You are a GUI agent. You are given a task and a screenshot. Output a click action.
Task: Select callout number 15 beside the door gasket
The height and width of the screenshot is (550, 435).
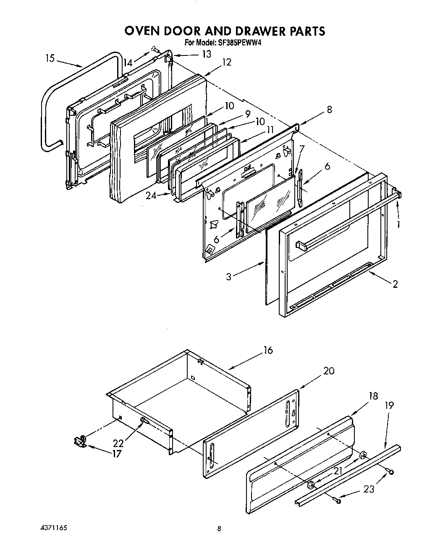pyautogui.click(x=50, y=58)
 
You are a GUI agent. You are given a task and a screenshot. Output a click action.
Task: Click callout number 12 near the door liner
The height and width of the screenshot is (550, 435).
pyautogui.click(x=227, y=62)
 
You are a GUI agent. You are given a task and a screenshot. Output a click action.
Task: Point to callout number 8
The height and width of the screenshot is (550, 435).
pyautogui.click(x=329, y=110)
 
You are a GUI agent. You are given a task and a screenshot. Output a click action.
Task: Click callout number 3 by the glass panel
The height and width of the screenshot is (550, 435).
pyautogui.click(x=228, y=277)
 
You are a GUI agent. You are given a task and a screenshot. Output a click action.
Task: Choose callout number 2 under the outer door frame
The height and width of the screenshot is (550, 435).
pyautogui.click(x=395, y=284)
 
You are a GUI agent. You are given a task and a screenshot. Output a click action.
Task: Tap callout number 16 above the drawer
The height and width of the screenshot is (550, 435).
pyautogui.click(x=268, y=350)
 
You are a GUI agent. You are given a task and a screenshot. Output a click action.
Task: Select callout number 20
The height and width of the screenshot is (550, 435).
pyautogui.click(x=329, y=371)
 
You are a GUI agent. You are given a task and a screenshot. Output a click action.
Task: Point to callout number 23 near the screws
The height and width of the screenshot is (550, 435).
pyautogui.click(x=369, y=489)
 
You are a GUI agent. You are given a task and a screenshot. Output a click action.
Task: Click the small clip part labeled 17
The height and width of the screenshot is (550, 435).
pyautogui.click(x=80, y=442)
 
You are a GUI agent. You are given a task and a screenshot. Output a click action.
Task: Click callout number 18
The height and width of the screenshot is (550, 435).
pyautogui.click(x=373, y=396)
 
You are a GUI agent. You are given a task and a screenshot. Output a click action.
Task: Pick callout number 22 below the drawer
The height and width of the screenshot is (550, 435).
pyautogui.click(x=119, y=443)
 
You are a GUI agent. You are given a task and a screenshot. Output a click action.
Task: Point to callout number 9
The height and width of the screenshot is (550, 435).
pyautogui.click(x=248, y=113)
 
